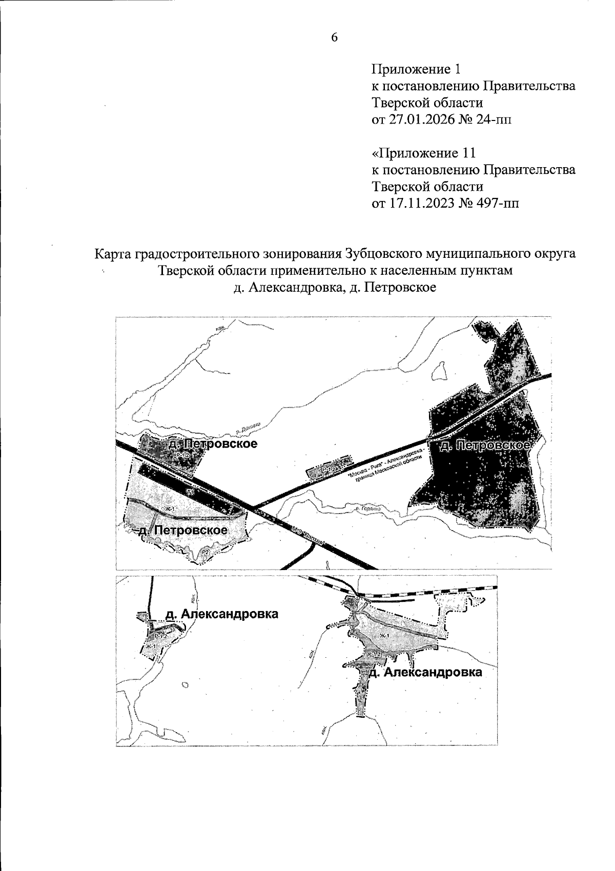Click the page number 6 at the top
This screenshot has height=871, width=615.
tap(334, 37)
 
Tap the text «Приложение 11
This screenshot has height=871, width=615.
tap(424, 153)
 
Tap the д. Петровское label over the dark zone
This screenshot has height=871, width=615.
tap(484, 445)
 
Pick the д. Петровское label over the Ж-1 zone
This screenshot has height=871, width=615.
tap(183, 530)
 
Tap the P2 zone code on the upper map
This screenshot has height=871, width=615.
tap(204, 552)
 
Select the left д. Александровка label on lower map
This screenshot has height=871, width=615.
tap(221, 614)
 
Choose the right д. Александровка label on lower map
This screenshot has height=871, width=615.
tap(425, 672)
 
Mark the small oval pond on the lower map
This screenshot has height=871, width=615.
tap(185, 684)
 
